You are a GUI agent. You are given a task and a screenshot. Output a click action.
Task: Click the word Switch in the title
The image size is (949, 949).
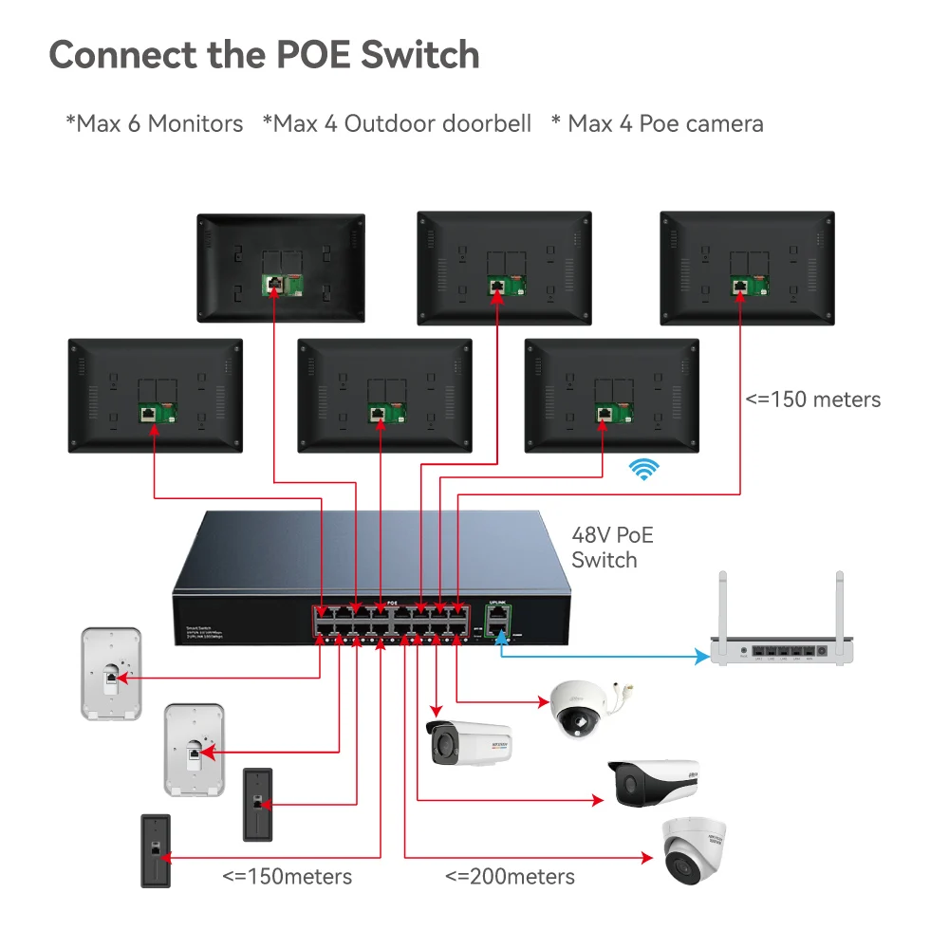[x=419, y=55]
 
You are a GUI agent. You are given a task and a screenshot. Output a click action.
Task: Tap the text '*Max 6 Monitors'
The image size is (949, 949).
[x=154, y=123]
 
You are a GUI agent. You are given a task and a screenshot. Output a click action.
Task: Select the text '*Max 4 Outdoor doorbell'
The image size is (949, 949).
[x=397, y=123]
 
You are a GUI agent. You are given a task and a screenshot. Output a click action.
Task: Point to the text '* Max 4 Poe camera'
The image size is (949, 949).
[x=657, y=123]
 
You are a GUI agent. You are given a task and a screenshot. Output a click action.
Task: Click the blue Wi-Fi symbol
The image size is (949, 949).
[x=646, y=469]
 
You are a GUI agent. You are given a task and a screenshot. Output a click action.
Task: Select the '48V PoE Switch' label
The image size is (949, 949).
[x=612, y=548]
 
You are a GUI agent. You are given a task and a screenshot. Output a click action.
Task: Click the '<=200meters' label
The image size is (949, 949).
[x=510, y=876]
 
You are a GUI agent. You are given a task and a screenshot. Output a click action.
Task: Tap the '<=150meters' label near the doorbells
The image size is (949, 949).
[x=287, y=876]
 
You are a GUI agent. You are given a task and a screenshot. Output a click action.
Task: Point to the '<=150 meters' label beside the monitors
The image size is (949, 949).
[x=812, y=399]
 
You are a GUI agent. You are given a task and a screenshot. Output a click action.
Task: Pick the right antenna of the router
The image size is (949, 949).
[x=839, y=605]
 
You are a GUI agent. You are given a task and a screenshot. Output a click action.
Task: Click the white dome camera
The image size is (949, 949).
[x=581, y=708]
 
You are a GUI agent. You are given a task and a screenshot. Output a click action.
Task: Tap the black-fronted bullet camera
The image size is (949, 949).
[x=654, y=783]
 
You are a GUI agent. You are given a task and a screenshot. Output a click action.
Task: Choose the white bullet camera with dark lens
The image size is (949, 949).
[x=468, y=742]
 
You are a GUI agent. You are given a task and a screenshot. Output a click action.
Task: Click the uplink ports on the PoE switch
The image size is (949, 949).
[x=498, y=623]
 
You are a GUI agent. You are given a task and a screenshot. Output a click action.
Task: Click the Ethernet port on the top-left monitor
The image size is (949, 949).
[x=272, y=284]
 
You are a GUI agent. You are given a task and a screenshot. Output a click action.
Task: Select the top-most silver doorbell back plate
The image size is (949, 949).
[x=110, y=673]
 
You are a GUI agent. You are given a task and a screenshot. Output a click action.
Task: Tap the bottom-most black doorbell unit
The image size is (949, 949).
[x=156, y=850]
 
